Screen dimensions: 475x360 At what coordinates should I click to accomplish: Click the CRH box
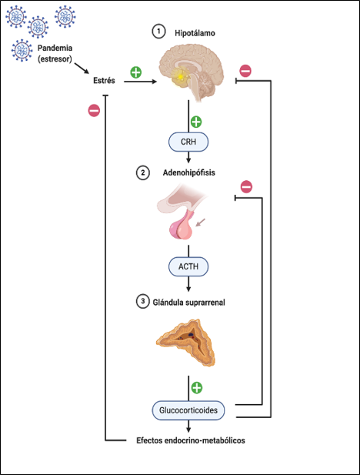189,142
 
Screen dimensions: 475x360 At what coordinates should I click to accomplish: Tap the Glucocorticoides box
195,410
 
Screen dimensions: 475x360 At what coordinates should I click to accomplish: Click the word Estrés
104,80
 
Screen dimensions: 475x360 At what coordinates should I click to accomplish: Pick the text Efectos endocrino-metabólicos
185,441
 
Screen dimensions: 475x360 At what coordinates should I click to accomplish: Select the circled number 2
142,173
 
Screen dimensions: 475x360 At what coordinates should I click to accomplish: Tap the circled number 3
142,301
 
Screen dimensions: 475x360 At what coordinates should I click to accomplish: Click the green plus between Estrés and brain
135,72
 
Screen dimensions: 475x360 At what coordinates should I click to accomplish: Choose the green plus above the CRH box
195,122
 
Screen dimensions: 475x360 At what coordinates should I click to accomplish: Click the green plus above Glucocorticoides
196,387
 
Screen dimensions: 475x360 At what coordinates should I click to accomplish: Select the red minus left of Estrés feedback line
93,111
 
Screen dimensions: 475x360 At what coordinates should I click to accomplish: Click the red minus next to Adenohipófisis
246,186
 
